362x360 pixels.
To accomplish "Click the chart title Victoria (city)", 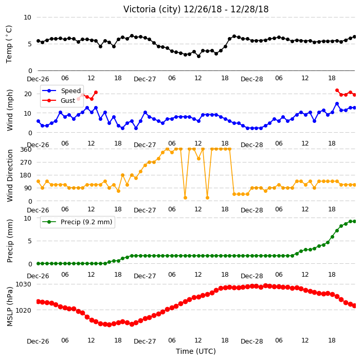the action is (152, 9).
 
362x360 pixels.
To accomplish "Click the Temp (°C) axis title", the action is (9, 44).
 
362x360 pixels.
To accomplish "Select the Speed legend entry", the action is (61, 91).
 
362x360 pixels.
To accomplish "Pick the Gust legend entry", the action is (59, 100).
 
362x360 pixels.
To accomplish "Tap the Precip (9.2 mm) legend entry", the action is (77, 222).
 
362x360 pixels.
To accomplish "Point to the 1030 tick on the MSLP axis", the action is (23, 284).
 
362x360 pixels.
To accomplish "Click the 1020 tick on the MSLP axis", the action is (23, 310).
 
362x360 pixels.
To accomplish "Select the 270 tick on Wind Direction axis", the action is (26, 163).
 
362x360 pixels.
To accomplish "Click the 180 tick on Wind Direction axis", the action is (26, 175).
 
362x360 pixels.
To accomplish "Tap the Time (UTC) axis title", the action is (196, 351).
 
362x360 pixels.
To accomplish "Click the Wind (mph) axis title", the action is (10, 110).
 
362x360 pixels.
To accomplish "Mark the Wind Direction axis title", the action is (10, 176).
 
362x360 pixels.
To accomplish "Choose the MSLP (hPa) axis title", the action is (10, 307).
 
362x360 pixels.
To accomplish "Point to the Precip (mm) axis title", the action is (10, 241).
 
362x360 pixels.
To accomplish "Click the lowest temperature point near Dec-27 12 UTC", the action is (198, 56).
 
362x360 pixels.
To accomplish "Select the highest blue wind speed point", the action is (337, 104).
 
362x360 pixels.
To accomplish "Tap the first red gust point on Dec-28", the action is (337, 91).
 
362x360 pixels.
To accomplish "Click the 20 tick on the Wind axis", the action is (28, 94).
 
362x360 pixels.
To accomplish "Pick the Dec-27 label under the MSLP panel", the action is (145, 341).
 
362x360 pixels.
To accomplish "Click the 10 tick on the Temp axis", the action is (27, 17).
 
